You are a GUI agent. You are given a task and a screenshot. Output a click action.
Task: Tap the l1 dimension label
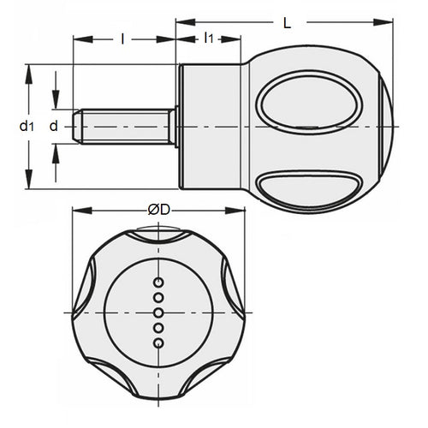[x=209, y=38]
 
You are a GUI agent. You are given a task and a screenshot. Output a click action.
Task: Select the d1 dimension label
[x=27, y=127]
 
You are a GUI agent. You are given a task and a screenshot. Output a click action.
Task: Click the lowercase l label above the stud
[x=123, y=38]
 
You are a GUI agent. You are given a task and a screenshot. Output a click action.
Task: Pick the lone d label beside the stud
[x=54, y=126]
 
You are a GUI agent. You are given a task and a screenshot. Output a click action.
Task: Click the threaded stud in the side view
[x=124, y=126]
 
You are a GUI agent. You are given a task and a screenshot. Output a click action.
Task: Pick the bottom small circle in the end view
[x=158, y=343]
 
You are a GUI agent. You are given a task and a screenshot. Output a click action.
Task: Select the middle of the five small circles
[x=158, y=312]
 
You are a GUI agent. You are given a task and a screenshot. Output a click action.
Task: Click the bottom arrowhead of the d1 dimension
[x=31, y=186]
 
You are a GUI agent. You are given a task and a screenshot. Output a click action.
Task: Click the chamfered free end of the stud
[x=78, y=126]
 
